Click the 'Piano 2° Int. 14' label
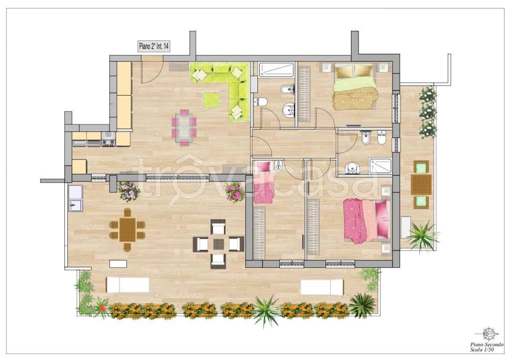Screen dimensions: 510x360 153,46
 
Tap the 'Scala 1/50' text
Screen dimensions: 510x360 482,350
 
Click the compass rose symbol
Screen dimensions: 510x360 489,333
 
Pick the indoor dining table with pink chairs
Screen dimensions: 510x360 184,127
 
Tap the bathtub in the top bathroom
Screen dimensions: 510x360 276,70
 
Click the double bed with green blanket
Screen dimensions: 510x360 355,87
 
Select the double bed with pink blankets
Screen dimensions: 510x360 367,220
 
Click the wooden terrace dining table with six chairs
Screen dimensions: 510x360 127,230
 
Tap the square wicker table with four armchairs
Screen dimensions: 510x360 218,243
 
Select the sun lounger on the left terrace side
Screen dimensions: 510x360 127,285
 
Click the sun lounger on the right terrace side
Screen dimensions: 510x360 322,287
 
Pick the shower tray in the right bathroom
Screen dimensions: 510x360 380,166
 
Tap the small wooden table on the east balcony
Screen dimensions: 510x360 421,184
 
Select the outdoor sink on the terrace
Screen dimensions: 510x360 76,198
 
